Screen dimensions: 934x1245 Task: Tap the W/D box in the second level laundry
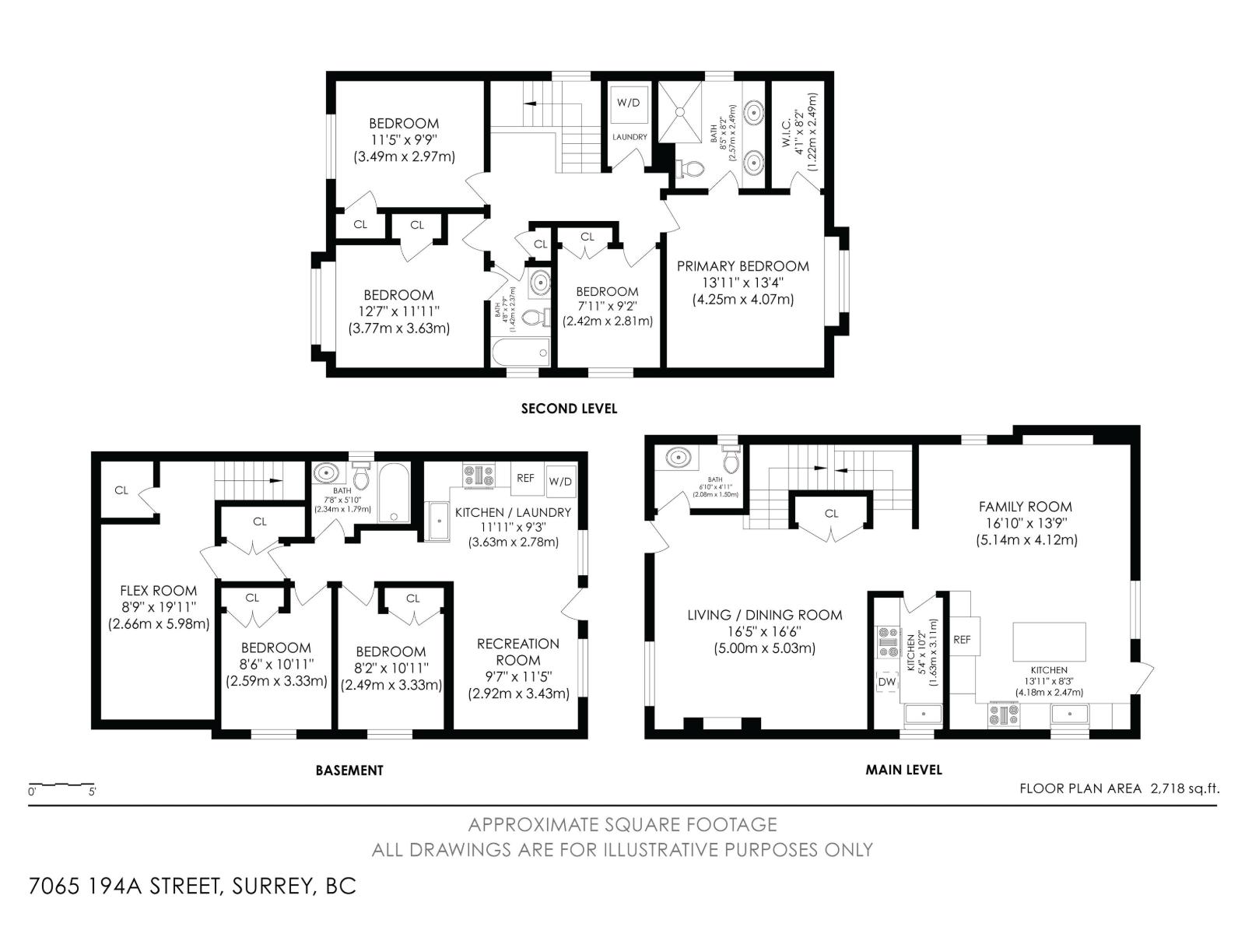click(x=629, y=103)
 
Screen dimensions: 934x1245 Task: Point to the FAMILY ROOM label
click(x=1025, y=507)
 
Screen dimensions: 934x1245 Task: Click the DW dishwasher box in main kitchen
click(x=887, y=683)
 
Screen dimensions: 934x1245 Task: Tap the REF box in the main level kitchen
click(x=962, y=640)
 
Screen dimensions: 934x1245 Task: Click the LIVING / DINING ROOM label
click(x=764, y=615)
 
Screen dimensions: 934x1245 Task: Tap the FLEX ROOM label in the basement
click(x=159, y=591)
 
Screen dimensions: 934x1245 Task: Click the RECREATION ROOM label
click(x=518, y=651)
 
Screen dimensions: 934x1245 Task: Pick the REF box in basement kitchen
click(x=526, y=478)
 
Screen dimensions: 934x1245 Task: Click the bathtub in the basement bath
click(x=394, y=493)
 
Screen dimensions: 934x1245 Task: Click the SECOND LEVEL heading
click(x=569, y=409)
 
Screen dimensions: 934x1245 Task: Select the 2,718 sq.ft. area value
click(x=1184, y=788)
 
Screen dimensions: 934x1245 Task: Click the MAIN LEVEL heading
click(x=903, y=770)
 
